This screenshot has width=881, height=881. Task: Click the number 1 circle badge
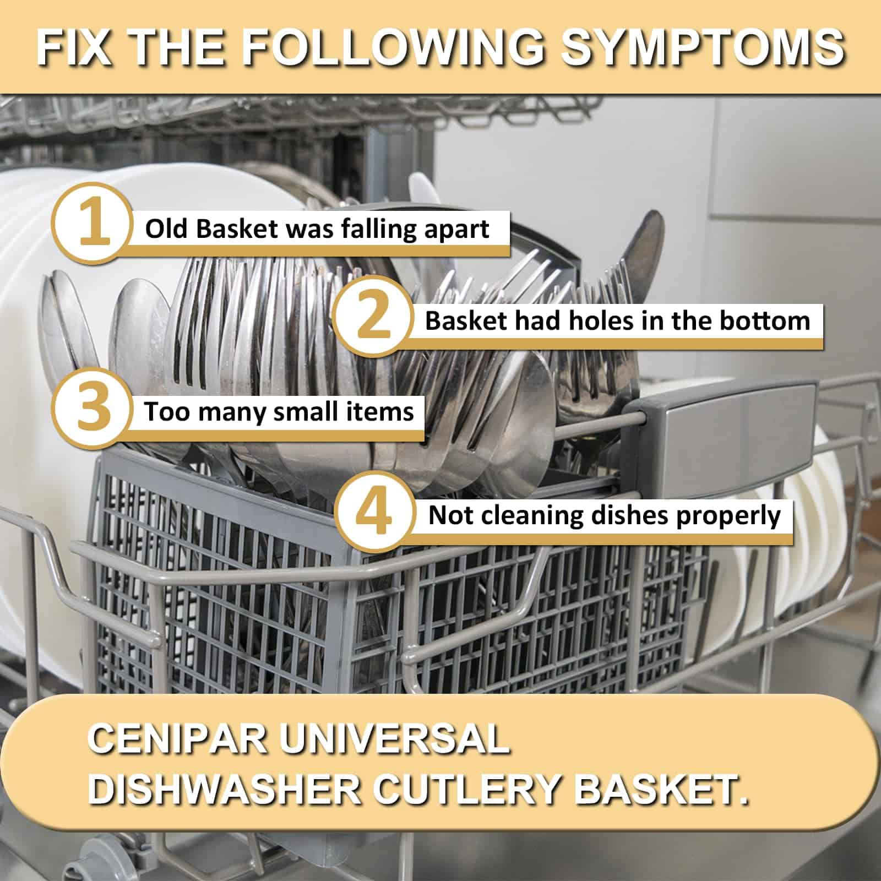point(93,223)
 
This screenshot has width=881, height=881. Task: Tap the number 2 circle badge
point(373,316)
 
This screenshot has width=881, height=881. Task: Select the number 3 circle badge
point(93,408)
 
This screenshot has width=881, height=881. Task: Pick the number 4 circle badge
point(374,512)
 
